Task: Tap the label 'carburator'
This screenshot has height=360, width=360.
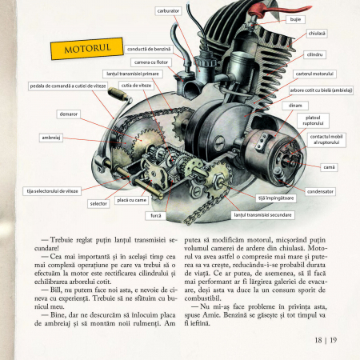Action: point(168,11)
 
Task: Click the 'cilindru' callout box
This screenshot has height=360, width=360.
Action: point(314,54)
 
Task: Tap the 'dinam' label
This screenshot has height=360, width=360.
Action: point(295,106)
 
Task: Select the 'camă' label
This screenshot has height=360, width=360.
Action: point(329,167)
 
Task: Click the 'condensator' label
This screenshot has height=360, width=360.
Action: point(320,191)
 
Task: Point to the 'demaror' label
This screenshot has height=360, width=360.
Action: point(69,114)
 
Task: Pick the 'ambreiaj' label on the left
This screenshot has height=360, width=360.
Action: point(51,138)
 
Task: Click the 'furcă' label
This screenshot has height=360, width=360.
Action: point(156,215)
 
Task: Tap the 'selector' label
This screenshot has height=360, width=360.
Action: point(98,203)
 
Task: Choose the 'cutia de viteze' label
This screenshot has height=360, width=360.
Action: point(136,84)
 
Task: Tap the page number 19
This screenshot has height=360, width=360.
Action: point(331,339)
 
